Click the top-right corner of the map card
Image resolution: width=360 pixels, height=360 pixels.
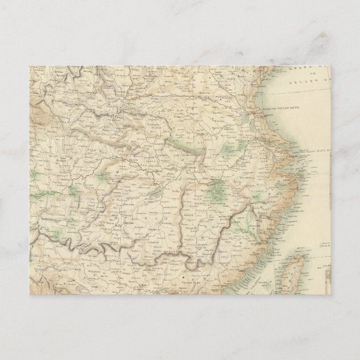click(331, 66)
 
